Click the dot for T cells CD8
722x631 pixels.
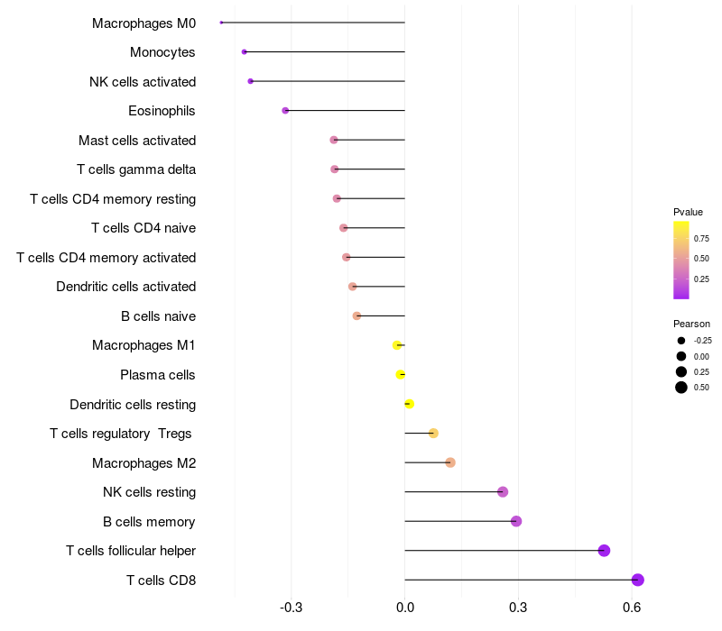(x=638, y=580)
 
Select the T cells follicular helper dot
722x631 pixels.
(x=604, y=551)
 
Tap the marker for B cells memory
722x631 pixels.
(x=516, y=521)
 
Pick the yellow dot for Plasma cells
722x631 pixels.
(x=401, y=374)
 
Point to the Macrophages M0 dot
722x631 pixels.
(x=221, y=23)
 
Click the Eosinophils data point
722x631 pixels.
(x=285, y=110)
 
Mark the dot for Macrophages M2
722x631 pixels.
(x=450, y=462)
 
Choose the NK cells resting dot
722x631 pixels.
(x=503, y=491)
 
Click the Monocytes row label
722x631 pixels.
(x=162, y=52)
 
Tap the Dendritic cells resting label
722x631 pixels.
(x=133, y=405)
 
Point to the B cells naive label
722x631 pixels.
(x=158, y=316)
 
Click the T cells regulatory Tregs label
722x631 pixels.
(x=121, y=434)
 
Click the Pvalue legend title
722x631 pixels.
(x=688, y=212)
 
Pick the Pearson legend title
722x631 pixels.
(x=691, y=324)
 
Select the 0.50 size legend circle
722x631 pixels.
(x=681, y=388)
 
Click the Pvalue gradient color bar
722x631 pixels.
(x=681, y=260)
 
